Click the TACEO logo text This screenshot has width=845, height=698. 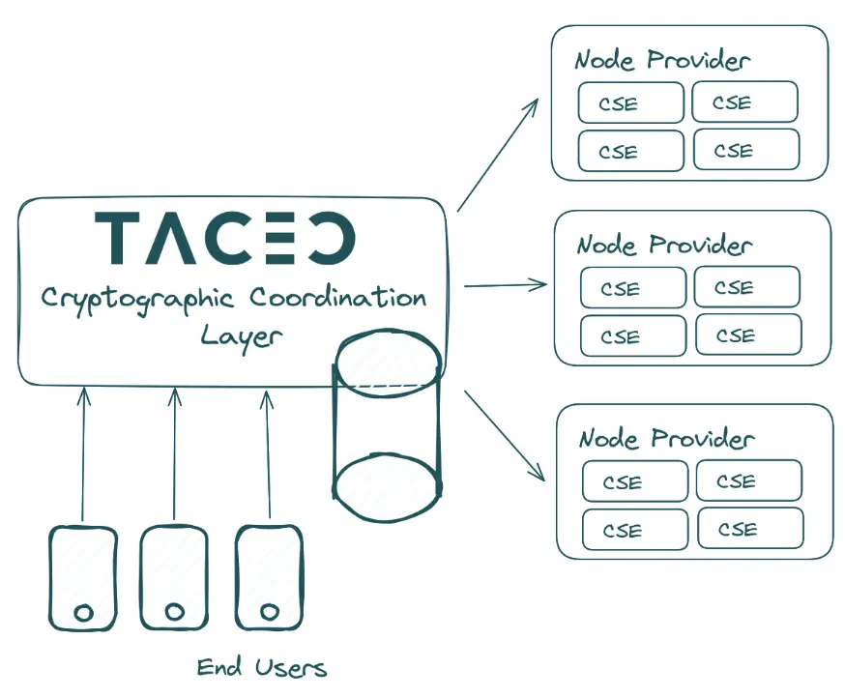[225, 238]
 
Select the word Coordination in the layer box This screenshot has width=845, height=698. [338, 297]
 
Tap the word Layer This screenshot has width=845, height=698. [242, 335]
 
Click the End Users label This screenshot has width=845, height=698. [262, 667]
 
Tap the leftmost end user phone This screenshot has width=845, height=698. [83, 577]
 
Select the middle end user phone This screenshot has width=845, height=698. [174, 577]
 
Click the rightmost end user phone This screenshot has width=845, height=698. [270, 577]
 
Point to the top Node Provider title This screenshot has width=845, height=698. [662, 60]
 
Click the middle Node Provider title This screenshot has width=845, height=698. [664, 244]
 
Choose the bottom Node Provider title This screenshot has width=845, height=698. [666, 438]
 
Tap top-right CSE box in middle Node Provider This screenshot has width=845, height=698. [746, 287]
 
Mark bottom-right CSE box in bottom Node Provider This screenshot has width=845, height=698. [749, 529]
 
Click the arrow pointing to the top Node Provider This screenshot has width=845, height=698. [497, 154]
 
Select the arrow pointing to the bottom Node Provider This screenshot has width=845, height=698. [504, 434]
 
